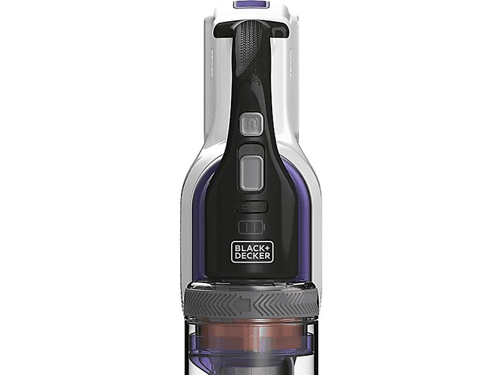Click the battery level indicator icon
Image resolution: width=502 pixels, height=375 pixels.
point(251,227)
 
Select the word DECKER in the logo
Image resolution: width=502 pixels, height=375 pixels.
point(251,256)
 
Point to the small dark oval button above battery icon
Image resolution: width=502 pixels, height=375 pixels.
point(251,207)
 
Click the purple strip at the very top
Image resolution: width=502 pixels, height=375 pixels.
point(251,4)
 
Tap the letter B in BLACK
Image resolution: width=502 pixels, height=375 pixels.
point(236,248)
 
